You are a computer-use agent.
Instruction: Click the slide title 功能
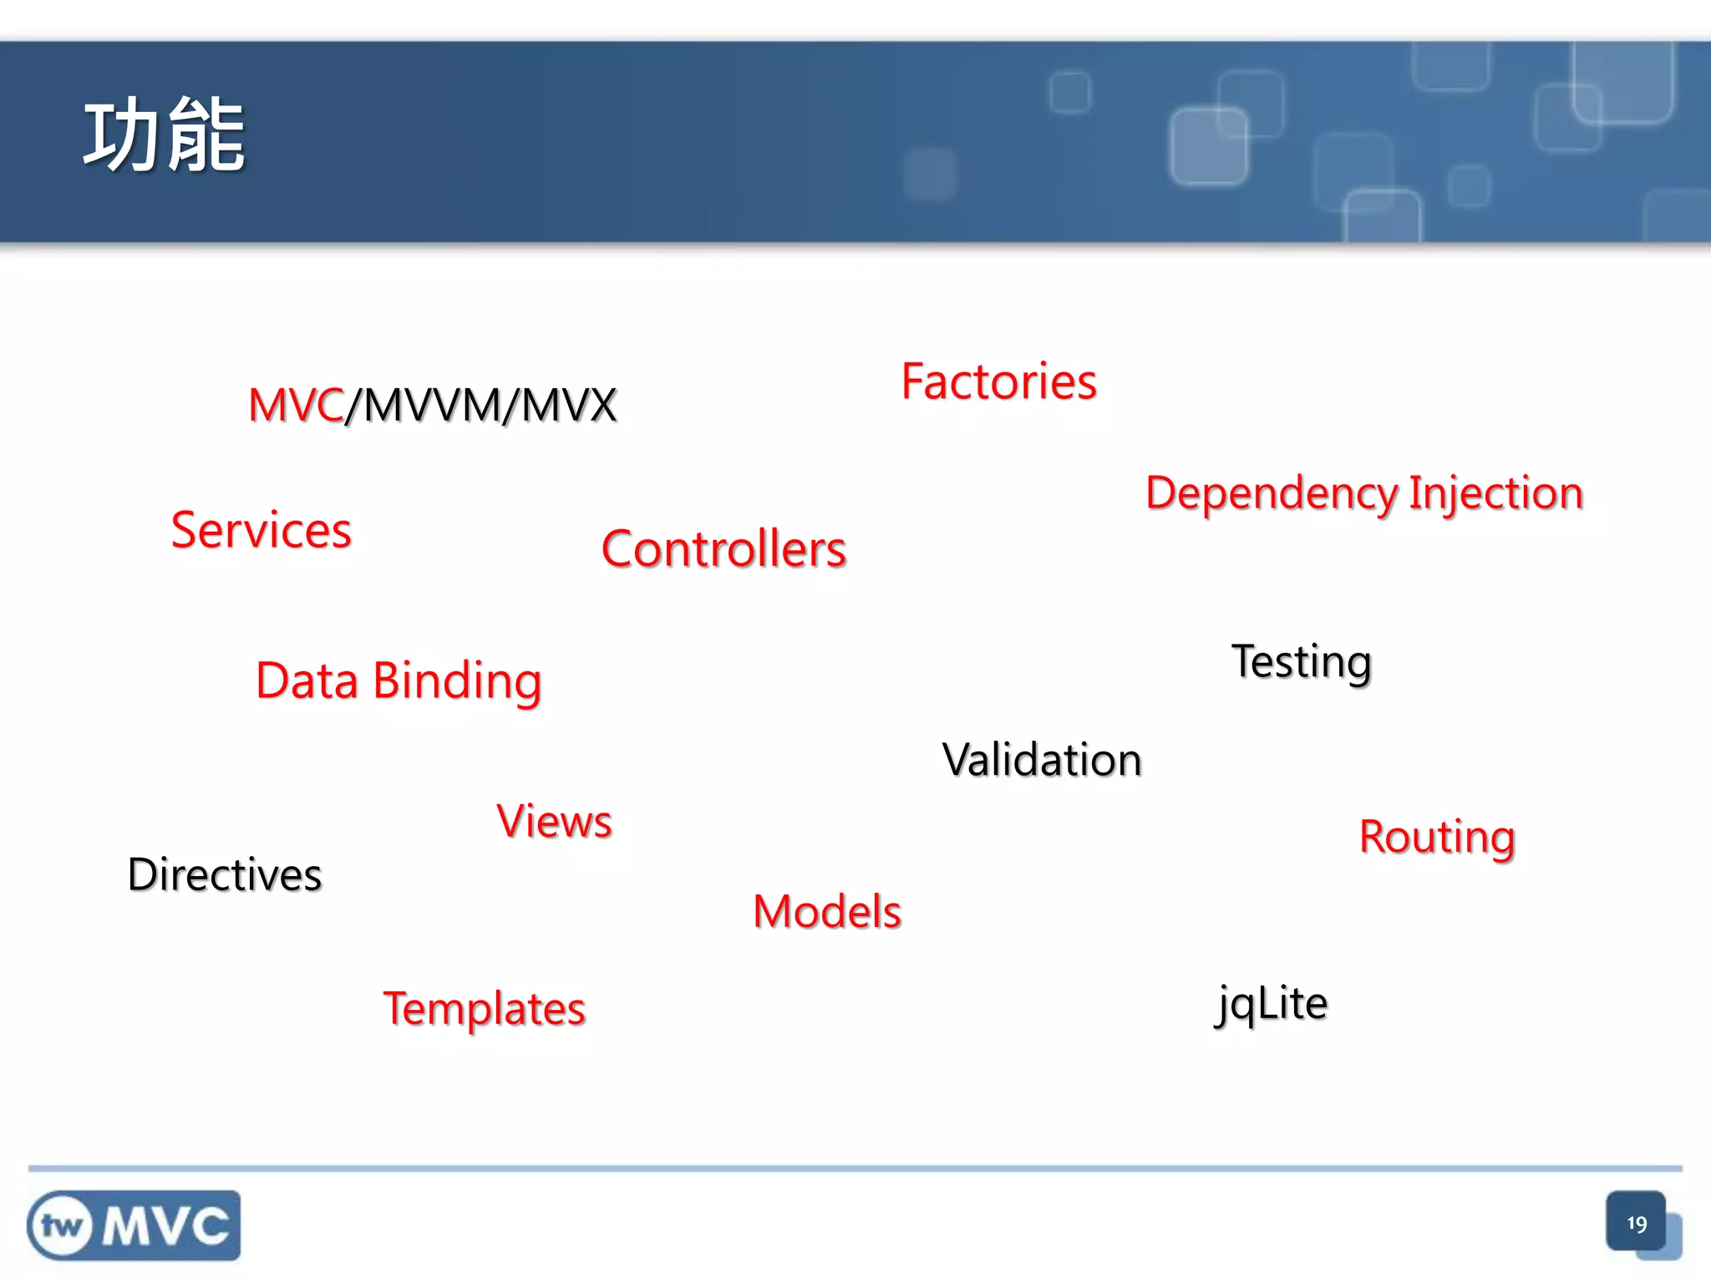tap(164, 135)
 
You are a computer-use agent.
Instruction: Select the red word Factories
tap(998, 382)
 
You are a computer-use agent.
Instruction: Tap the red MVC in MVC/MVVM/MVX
tap(296, 405)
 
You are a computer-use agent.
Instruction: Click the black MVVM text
tap(433, 405)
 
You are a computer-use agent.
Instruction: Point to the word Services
tap(261, 530)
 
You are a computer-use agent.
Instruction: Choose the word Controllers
tap(723, 549)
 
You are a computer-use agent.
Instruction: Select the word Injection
tap(1495, 493)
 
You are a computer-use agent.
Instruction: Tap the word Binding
tap(457, 681)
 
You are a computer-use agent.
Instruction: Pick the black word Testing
tap(1302, 662)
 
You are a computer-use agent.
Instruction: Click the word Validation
tap(1042, 760)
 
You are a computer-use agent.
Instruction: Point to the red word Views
tap(554, 821)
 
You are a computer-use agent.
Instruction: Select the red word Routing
tap(1437, 838)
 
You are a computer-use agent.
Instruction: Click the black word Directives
tap(225, 875)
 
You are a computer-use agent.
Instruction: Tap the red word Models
tap(827, 911)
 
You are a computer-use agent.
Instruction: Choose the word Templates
tap(485, 1009)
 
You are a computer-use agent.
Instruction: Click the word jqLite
tap(1272, 1003)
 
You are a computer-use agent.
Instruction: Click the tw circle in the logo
tap(61, 1226)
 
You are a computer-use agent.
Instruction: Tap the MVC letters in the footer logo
tap(165, 1226)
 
